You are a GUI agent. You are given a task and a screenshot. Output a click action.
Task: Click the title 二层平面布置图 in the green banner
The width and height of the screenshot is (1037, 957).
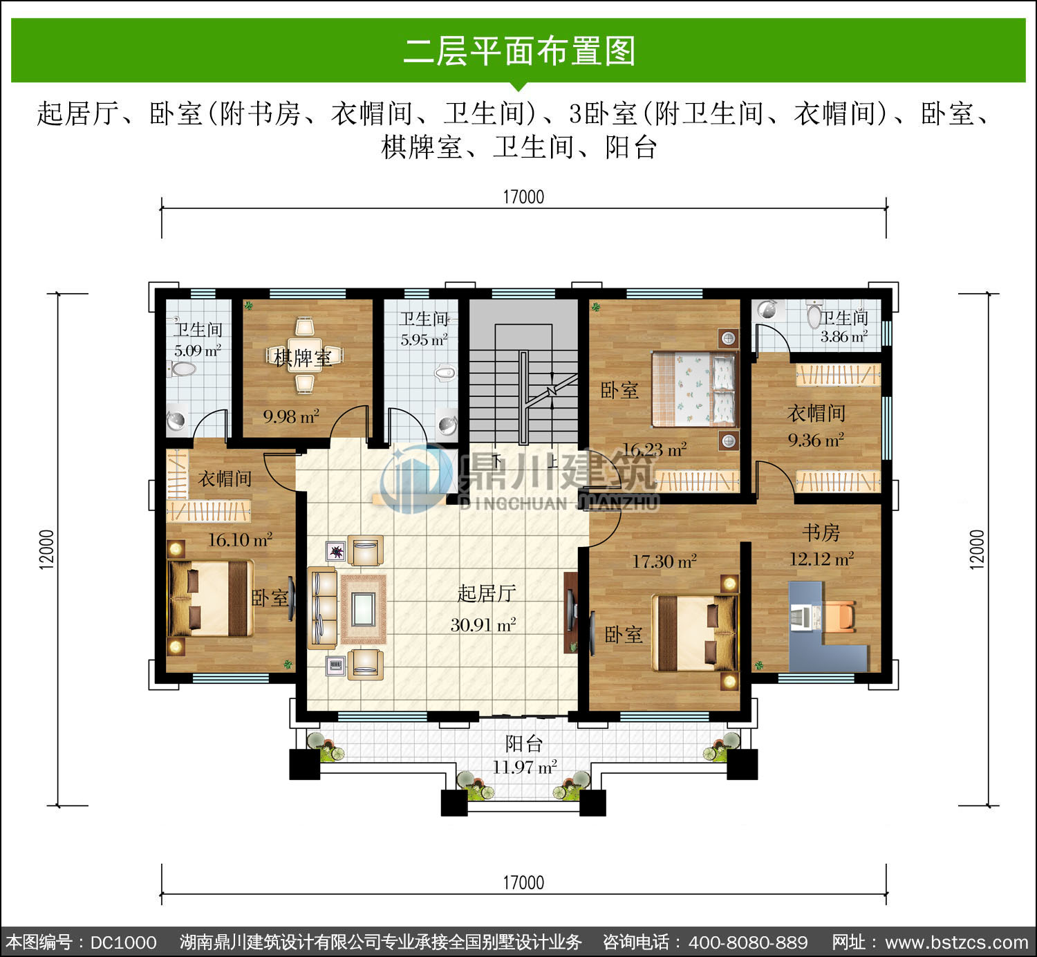[x=519, y=51]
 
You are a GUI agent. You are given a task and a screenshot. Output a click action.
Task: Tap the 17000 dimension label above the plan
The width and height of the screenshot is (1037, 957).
[x=523, y=197]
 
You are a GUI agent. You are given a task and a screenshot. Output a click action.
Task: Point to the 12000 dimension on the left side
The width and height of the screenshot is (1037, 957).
[x=46, y=549]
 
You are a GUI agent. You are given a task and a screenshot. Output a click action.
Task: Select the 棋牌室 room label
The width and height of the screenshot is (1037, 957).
[x=303, y=357]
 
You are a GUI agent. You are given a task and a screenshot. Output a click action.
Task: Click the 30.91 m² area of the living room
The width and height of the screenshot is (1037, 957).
[x=483, y=625]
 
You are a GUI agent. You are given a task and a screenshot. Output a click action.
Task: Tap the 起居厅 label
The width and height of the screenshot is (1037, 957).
[x=487, y=593]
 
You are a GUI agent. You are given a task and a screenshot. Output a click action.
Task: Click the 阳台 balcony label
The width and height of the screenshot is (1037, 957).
[x=524, y=743]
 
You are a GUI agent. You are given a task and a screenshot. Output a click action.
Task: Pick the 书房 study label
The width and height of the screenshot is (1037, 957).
[x=821, y=533]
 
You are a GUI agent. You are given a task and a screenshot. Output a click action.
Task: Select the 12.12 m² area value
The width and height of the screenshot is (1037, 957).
[x=821, y=559]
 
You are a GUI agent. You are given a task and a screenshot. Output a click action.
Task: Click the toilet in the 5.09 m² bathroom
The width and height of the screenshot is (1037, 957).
[x=182, y=369]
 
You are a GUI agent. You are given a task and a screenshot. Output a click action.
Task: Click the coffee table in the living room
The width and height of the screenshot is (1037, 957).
[x=363, y=609]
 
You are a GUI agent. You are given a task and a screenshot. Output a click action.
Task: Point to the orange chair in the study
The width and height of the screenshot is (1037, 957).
[x=840, y=615]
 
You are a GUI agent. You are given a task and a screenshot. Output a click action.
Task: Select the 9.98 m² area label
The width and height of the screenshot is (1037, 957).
[x=291, y=416]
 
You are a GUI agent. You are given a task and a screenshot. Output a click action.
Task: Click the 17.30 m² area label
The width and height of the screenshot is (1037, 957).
[x=664, y=561]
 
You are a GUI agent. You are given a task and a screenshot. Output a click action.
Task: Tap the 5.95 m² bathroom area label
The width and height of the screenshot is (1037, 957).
[x=424, y=340]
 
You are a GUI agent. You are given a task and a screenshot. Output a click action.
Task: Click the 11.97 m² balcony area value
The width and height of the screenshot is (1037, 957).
[x=524, y=767]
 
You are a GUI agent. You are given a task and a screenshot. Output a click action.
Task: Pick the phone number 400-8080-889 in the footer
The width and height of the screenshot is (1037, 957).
[x=748, y=942]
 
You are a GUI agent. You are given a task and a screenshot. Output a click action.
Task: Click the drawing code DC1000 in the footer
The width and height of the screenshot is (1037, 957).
[x=123, y=942]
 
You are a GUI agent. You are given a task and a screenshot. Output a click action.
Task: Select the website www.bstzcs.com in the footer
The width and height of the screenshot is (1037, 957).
[x=957, y=942]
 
